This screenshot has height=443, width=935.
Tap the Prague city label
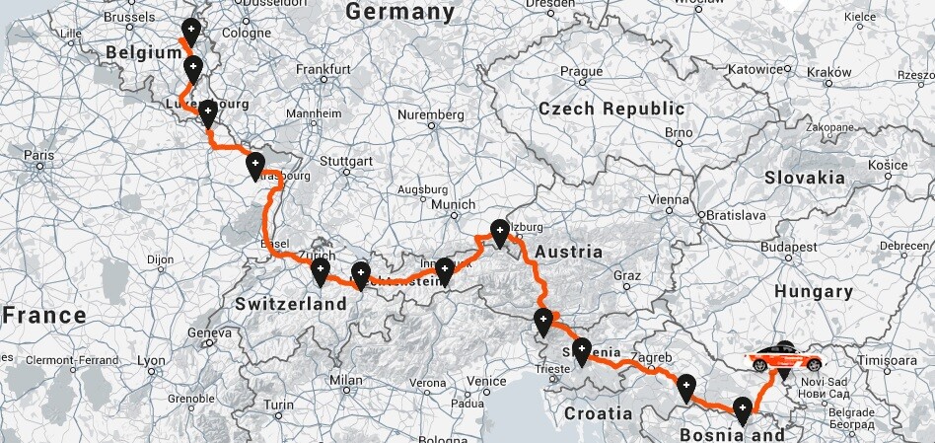581,71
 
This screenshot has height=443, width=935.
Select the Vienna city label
670,198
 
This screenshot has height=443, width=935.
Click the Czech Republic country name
611,110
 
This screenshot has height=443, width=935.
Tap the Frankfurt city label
324,70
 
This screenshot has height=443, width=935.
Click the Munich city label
454,204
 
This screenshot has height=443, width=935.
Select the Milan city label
346,379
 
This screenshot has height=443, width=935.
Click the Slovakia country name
804,178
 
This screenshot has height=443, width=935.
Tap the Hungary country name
814,291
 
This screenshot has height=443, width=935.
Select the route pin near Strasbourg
255,165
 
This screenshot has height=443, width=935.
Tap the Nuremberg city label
430,114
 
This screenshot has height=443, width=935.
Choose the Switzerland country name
291,304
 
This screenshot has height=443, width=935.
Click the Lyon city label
152,361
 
